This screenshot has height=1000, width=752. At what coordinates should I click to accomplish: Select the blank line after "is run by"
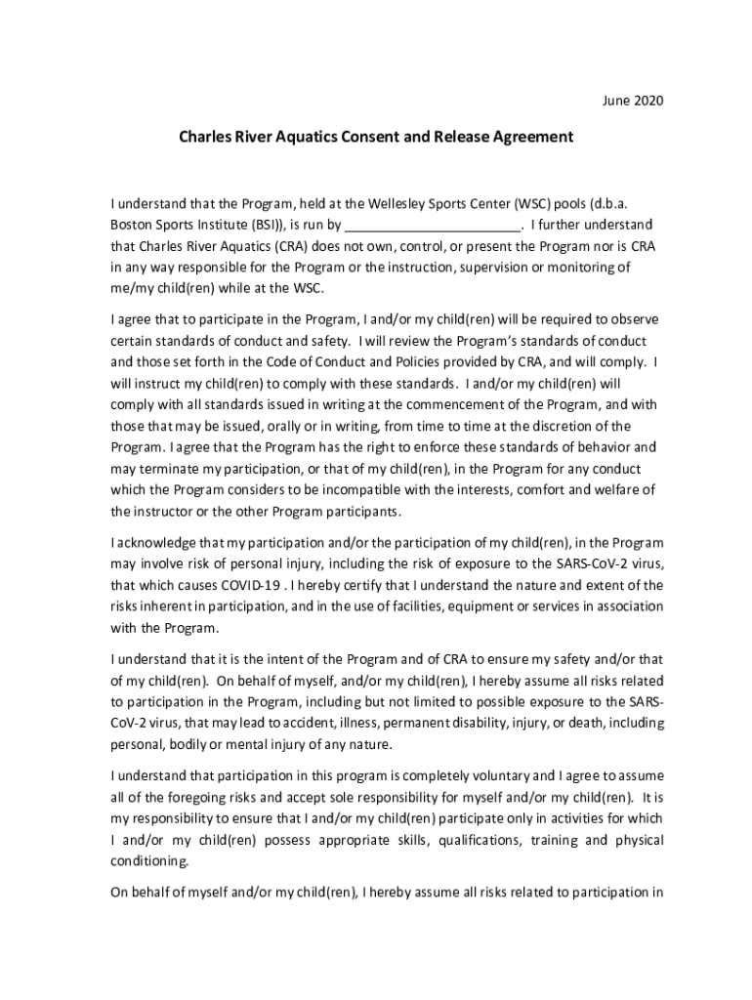[430, 224]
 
